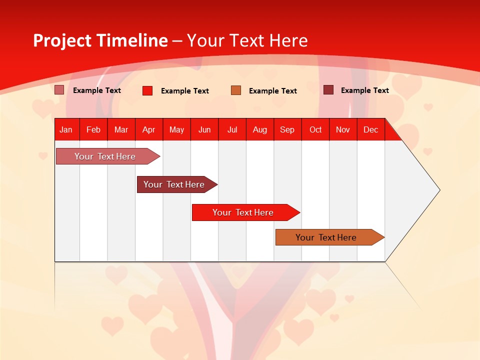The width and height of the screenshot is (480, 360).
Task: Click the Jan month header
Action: (66, 130)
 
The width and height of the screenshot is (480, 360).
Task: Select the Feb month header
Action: (93, 130)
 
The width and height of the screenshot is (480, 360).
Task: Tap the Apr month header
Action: (148, 130)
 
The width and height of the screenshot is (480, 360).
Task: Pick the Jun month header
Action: (204, 130)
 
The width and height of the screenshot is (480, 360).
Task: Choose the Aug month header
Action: (259, 130)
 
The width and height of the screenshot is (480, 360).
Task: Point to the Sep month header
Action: (287, 130)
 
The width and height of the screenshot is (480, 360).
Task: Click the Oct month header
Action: (315, 130)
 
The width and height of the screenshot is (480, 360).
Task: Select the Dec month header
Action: (370, 130)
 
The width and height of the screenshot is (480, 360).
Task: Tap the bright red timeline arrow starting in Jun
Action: (243, 212)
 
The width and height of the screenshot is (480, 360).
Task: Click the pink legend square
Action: (59, 90)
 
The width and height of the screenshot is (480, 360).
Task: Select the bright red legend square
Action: (147, 90)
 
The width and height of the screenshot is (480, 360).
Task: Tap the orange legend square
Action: (236, 90)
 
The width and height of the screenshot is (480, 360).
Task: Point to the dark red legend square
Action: (328, 90)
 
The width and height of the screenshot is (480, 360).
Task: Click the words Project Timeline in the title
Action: (100, 40)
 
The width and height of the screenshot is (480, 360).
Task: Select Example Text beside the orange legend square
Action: (273, 91)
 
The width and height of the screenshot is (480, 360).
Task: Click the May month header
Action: (176, 130)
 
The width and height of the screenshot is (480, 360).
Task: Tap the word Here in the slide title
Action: (288, 40)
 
